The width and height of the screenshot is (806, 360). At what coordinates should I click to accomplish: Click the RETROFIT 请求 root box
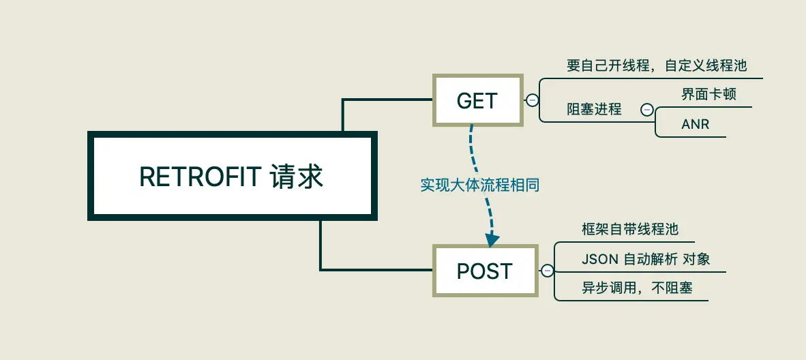tap(232, 176)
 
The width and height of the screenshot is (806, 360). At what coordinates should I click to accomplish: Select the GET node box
tap(477, 100)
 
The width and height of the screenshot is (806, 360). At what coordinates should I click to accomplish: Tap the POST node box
tap(485, 271)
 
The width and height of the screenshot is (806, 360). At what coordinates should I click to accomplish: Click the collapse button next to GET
tap(532, 100)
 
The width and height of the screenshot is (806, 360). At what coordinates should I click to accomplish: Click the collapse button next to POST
tap(547, 271)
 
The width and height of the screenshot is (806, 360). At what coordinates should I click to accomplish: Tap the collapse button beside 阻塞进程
tap(646, 109)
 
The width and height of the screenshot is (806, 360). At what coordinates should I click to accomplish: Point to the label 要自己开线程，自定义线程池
tap(657, 65)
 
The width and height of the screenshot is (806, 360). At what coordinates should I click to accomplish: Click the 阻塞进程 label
tap(594, 109)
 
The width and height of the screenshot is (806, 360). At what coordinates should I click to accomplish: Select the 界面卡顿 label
tap(708, 94)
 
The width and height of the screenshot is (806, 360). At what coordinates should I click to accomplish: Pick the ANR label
tap(694, 125)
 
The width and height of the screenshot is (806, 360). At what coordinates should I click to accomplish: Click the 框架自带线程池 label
tap(630, 229)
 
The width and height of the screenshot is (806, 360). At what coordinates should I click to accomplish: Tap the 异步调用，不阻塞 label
tap(637, 288)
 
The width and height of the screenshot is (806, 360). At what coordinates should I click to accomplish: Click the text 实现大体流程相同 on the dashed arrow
tap(479, 185)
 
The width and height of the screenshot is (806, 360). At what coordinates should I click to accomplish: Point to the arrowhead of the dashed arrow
tap(492, 240)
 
